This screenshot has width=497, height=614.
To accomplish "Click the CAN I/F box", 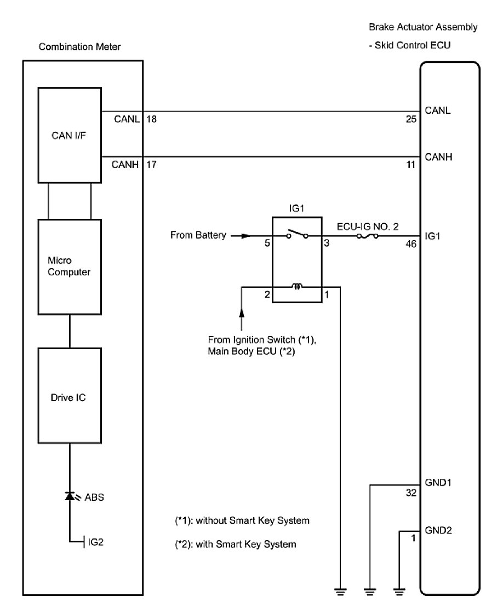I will [70, 135].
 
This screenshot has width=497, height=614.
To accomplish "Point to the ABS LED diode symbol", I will [70, 496].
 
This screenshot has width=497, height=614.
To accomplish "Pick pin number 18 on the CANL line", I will [152, 118].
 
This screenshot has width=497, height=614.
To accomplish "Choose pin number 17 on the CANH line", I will [152, 164].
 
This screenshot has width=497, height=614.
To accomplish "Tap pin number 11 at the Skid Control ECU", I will [412, 164].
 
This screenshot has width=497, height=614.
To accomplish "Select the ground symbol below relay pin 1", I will [341, 590].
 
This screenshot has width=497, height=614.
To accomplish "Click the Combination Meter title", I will [79, 48].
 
